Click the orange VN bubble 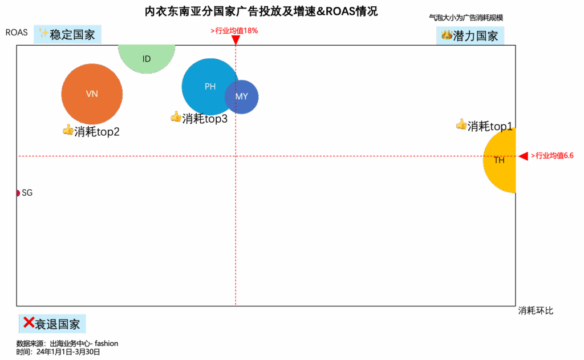pos(92,94)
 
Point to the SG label pos(27,193)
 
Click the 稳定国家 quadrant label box pos(67,35)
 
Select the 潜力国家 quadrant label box pos(471,36)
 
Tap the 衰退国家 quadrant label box pos(52,324)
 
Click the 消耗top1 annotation pos(485,126)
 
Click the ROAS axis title pos(17,33)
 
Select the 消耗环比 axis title pos(536,311)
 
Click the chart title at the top pos(261,11)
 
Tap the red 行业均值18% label pos(235,31)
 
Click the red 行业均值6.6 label pos(553,155)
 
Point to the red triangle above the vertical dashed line pos(236,40)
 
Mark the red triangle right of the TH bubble pos(522,156)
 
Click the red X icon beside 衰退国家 pos(28,323)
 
